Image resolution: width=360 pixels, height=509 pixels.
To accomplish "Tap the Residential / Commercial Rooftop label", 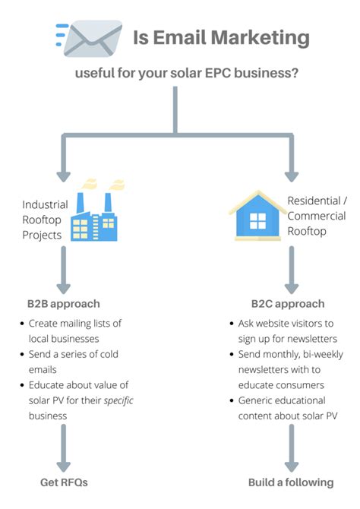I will tap(317, 215).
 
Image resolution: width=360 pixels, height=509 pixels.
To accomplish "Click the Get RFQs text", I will tap(64, 482).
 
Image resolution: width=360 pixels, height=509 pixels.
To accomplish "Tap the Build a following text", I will tap(291, 482).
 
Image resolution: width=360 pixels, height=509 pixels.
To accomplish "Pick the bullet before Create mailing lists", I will tap(22, 324).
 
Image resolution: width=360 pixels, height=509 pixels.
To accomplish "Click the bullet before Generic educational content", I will tap(232, 400).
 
